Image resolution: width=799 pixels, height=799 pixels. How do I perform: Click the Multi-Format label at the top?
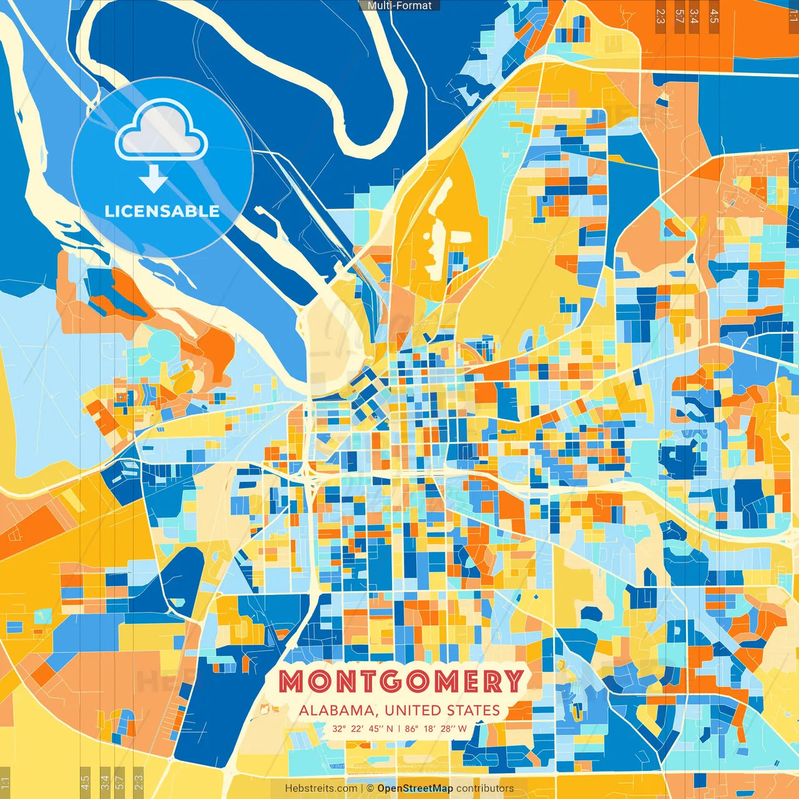click(399, 6)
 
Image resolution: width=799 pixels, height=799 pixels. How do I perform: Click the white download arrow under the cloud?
click(154, 179)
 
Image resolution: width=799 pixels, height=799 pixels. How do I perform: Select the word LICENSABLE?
click(162, 211)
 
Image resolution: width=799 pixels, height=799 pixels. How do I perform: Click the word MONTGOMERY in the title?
click(400, 681)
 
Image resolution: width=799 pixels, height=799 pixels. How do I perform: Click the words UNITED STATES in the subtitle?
click(442, 710)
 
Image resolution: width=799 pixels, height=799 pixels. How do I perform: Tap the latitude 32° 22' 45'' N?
click(363, 728)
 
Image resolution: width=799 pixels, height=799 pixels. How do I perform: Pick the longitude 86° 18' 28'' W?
click(436, 728)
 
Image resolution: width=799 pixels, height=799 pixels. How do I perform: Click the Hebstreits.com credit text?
click(321, 788)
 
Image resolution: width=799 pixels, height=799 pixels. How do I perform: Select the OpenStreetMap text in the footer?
click(414, 788)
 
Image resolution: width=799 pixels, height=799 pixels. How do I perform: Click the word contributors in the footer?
click(485, 788)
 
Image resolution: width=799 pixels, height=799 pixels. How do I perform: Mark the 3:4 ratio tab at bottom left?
click(105, 782)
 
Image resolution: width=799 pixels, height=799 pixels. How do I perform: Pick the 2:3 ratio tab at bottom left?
click(138, 782)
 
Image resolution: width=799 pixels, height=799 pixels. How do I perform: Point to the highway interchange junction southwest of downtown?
click(307, 477)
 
